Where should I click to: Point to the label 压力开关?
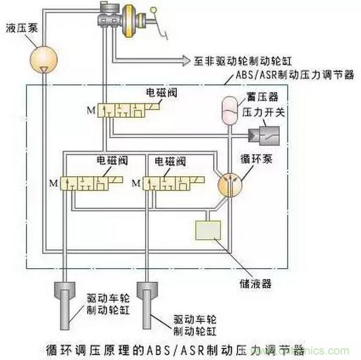pyautogui.click(x=260, y=113)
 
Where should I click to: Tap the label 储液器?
pyautogui.click(x=251, y=281)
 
